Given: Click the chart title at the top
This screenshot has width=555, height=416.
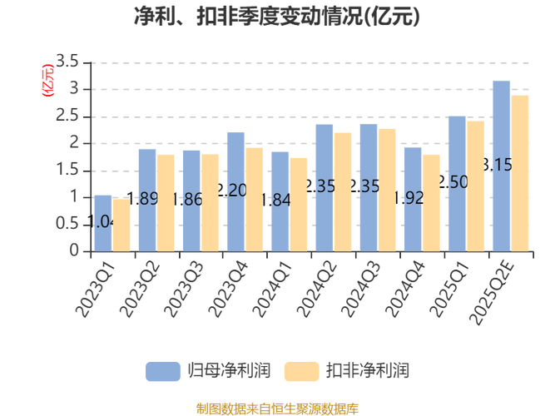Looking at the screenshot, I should point(277,17).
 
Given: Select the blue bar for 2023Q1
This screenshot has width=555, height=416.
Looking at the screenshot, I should point(102,223).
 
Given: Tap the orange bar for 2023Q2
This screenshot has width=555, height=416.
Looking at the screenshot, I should point(166,202).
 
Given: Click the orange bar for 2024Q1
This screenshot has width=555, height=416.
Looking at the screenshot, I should point(298,204).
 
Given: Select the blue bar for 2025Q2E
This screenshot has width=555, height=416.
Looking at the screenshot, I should point(501,166).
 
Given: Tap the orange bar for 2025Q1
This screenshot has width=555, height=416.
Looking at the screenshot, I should point(475,186).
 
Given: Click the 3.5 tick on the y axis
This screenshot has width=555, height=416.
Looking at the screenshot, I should point(67,62).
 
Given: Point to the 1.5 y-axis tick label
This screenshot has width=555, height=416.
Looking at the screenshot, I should point(67,171).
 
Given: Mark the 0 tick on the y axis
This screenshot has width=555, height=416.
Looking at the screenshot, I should point(74,250).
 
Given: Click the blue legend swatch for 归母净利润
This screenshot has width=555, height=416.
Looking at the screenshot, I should point(163,370).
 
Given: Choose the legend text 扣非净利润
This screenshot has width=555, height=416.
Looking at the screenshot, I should point(368,370).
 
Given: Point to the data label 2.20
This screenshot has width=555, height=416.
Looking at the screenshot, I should point(231,191).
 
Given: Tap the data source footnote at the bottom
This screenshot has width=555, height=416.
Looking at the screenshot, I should point(277,408).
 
